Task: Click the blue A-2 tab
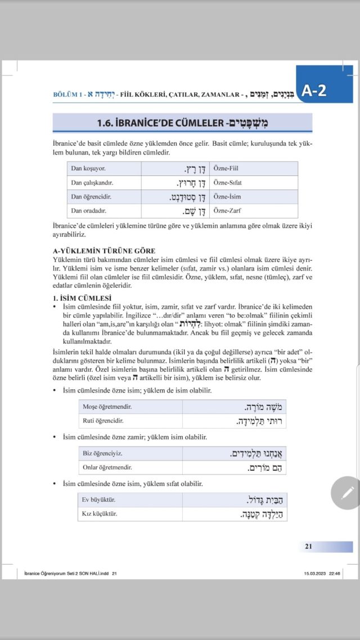click(325, 89)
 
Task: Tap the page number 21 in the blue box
click(309, 546)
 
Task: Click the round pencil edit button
click(345, 492)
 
